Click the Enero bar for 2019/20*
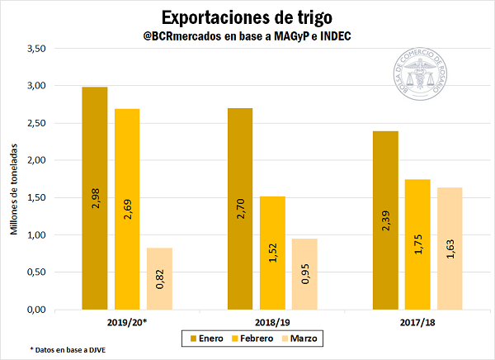click(94, 198)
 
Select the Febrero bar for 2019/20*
click(127, 210)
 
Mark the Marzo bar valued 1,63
click(450, 249)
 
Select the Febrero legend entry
click(257, 339)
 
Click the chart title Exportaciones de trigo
click(247, 17)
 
